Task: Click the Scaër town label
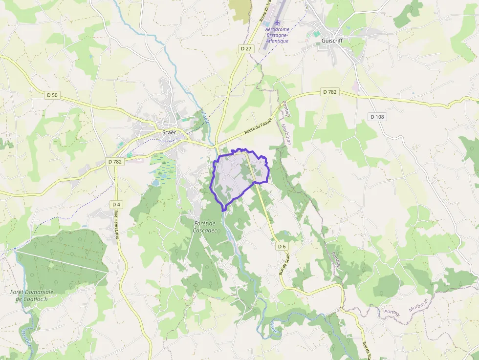[x=169, y=132]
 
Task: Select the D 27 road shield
[x=246, y=49]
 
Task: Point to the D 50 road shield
[x=52, y=95]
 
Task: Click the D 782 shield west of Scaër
[x=115, y=161]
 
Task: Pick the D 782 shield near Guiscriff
[x=330, y=92]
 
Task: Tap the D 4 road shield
[x=116, y=204]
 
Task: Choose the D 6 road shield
[x=282, y=246]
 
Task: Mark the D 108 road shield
[x=377, y=117]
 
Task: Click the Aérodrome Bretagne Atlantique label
[x=277, y=35]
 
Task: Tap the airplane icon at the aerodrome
[x=278, y=22]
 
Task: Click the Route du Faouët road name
[x=258, y=129]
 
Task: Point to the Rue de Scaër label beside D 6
[x=285, y=264]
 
